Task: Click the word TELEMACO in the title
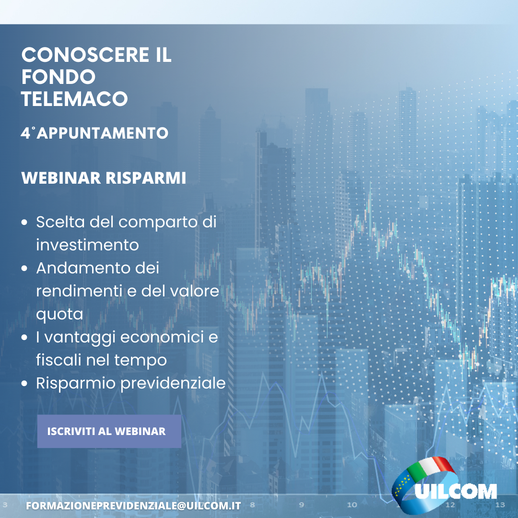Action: tap(74, 99)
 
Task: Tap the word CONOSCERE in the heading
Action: tap(85, 55)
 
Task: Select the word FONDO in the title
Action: tap(59, 77)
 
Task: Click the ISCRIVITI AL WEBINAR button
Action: tap(109, 431)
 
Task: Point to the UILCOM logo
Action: tap(444, 486)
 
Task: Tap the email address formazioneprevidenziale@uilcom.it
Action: tap(133, 506)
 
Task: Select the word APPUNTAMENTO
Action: tap(103, 133)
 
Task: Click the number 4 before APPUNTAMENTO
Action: tap(25, 133)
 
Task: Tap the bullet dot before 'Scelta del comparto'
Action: tap(24, 223)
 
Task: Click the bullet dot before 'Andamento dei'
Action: tap(24, 268)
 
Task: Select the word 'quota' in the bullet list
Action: tap(59, 315)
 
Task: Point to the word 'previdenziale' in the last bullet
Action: tap(173, 383)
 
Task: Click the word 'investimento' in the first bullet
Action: tap(87, 245)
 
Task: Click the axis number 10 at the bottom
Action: tap(352, 505)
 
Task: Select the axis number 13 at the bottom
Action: tap(500, 505)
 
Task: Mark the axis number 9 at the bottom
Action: tap(301, 505)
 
